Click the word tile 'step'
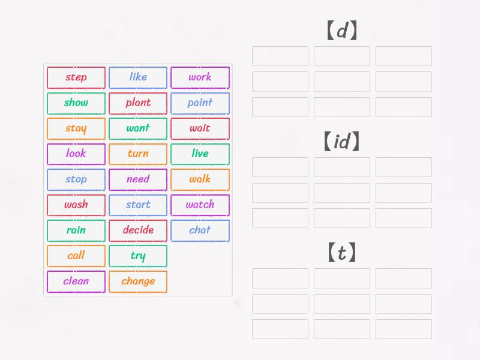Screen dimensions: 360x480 point(76,77)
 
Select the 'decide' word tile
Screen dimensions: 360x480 point(138,230)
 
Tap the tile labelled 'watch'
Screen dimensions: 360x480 point(200,205)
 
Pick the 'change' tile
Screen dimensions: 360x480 point(138,281)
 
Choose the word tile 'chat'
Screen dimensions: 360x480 point(200,230)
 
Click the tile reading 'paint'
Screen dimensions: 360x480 point(200,103)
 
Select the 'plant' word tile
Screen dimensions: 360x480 point(138,103)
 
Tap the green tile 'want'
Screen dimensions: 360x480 point(138,128)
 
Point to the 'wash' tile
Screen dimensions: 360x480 point(76,205)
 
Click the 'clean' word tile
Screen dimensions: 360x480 point(76,281)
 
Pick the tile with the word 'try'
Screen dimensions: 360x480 point(138,256)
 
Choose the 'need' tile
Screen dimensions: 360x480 point(138,179)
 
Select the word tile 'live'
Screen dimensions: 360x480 point(200,154)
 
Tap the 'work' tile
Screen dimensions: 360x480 point(200,77)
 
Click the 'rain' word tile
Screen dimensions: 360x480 point(76,230)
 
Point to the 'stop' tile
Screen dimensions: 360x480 point(76,179)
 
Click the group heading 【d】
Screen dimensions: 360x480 point(341,31)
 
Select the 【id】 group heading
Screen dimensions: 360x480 point(341,142)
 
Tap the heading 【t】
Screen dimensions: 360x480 point(341,253)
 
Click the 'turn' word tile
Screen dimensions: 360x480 point(138,154)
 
